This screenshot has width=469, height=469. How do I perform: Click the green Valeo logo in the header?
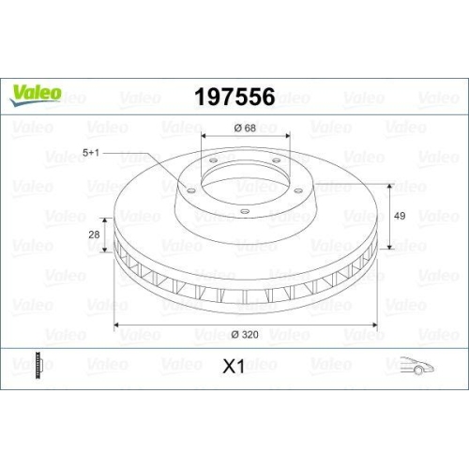[x=37, y=92]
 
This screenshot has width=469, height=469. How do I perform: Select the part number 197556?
[x=234, y=97]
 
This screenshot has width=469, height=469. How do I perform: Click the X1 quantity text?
[x=234, y=367]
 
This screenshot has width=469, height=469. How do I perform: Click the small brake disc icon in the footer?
[x=38, y=365]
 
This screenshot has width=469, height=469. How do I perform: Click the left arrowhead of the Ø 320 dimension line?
[x=116, y=325]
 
